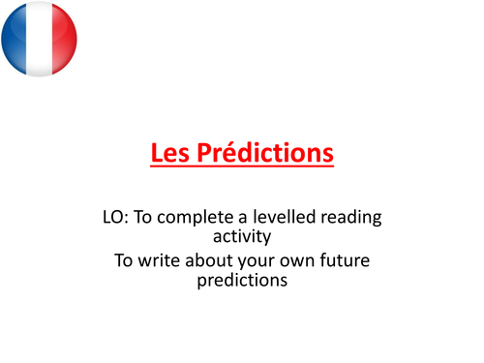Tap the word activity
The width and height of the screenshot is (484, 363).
coord(240,238)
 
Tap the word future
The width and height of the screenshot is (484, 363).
coord(354,261)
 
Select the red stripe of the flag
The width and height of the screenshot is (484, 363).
coord(63,39)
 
